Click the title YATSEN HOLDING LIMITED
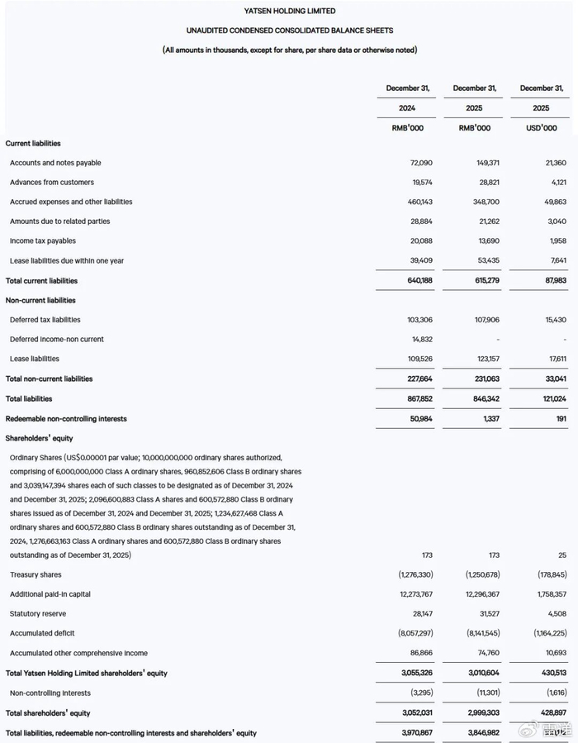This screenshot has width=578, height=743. (x=289, y=11)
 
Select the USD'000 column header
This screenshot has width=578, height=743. (x=541, y=128)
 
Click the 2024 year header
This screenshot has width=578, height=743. (x=407, y=108)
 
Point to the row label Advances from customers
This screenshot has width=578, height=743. (x=52, y=183)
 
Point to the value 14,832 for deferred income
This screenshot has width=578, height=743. (x=420, y=340)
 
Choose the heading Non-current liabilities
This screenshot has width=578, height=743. (x=40, y=301)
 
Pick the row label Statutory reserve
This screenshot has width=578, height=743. (x=38, y=614)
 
